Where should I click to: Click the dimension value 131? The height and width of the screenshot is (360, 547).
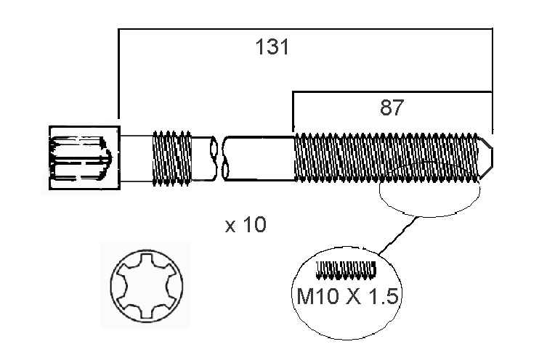point(272,48)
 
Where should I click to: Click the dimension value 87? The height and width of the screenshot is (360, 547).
point(391,108)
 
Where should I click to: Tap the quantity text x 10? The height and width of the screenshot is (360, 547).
point(246,226)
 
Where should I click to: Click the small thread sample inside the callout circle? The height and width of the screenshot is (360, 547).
point(346,271)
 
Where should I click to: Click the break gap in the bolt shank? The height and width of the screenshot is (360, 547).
point(219,157)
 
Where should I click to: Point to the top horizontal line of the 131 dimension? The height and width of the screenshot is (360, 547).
point(305,30)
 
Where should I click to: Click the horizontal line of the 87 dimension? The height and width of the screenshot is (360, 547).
point(392,92)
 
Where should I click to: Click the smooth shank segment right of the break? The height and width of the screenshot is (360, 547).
point(258,157)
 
